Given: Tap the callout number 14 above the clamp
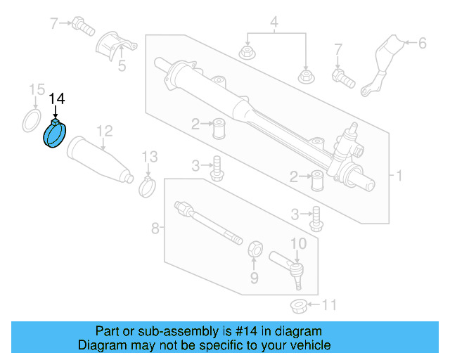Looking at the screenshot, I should click(x=56, y=100).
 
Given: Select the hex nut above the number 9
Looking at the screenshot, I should click(x=257, y=248).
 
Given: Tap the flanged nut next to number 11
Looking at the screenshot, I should click(x=298, y=306).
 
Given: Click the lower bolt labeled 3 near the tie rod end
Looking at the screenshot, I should click(x=316, y=217).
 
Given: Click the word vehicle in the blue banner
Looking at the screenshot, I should click(x=307, y=345).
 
